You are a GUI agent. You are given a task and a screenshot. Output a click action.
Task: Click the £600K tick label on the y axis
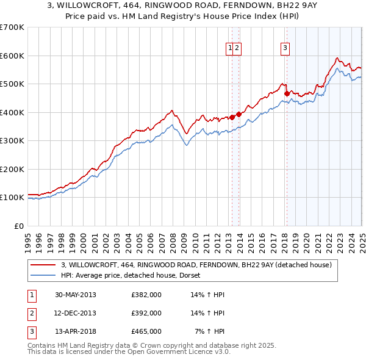[12, 56]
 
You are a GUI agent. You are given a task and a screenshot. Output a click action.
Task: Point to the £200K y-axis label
[12, 169]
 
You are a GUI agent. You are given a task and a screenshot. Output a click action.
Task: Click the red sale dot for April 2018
[287, 93]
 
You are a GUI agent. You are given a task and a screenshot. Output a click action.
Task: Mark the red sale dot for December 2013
[239, 114]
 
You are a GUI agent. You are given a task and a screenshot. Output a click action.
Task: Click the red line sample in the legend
[43, 265]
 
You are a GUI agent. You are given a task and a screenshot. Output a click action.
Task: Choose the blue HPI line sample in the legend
[43, 275]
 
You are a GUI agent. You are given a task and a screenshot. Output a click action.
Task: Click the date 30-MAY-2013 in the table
[75, 295]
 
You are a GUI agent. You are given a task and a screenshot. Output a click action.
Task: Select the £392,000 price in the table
[146, 313]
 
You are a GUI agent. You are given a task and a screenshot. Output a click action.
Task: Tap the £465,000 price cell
[146, 331]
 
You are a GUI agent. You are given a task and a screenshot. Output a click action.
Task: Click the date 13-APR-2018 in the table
[75, 331]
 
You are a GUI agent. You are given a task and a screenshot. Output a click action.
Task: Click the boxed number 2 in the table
[30, 313]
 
